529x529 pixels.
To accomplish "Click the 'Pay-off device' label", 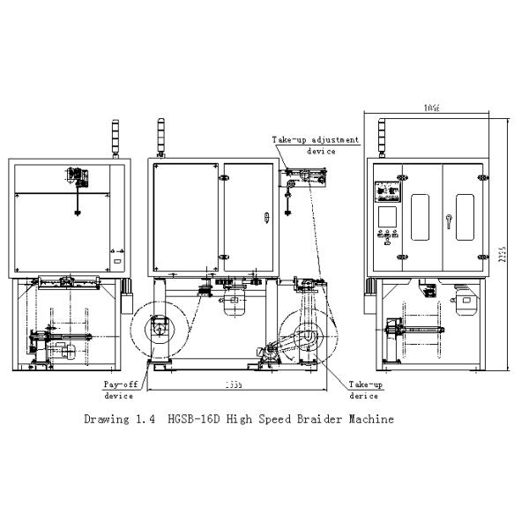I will (x=119, y=389).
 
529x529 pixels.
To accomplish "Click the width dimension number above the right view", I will (x=429, y=108).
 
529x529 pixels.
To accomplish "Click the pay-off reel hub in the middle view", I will (x=160, y=329).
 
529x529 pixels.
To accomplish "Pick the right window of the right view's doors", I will (x=464, y=215).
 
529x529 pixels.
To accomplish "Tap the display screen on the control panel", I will (x=386, y=217).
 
